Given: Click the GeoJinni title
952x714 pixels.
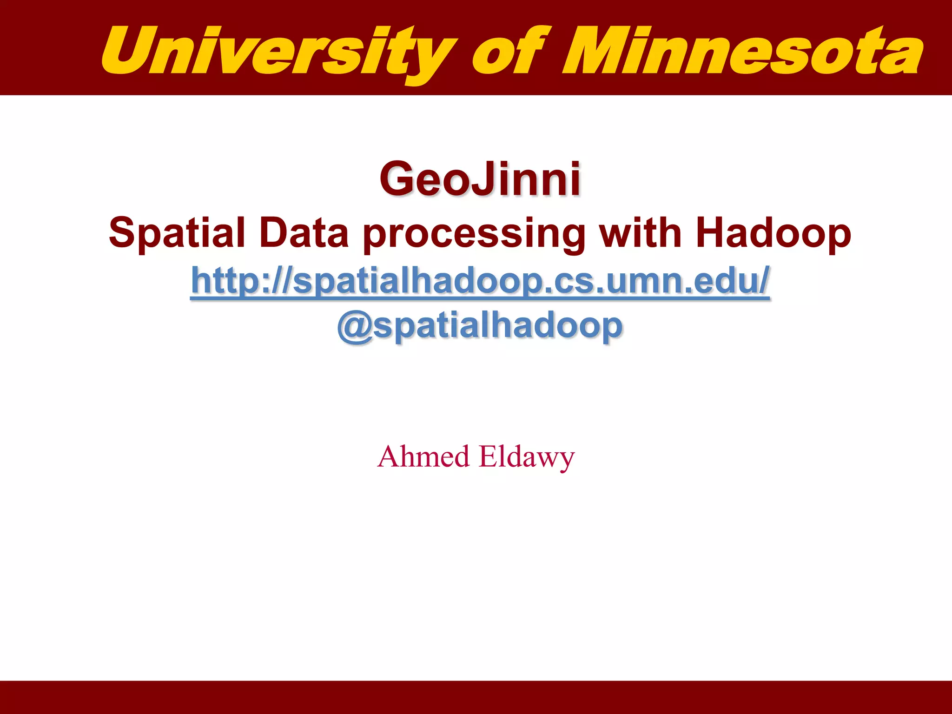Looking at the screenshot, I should (480, 179).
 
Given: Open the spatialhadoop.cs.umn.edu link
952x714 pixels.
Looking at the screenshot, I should (480, 281).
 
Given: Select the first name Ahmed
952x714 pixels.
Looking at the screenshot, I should (423, 456).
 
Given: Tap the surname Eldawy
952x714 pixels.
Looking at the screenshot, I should (527, 457).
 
